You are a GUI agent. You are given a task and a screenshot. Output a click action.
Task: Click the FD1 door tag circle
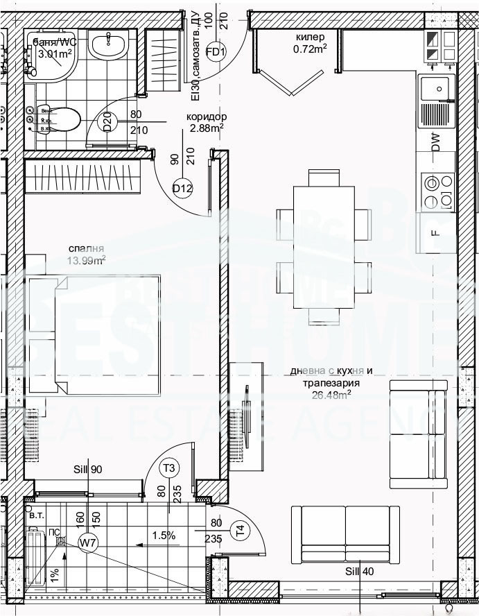217,53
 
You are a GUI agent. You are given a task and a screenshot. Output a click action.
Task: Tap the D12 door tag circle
182,188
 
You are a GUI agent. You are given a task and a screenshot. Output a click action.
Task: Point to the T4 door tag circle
240,531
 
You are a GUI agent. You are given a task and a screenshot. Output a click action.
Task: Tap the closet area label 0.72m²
310,49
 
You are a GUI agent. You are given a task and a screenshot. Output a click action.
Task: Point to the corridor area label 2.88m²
206,128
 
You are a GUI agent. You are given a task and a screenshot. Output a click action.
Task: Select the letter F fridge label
435,233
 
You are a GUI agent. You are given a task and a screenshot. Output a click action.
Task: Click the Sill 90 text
87,470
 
